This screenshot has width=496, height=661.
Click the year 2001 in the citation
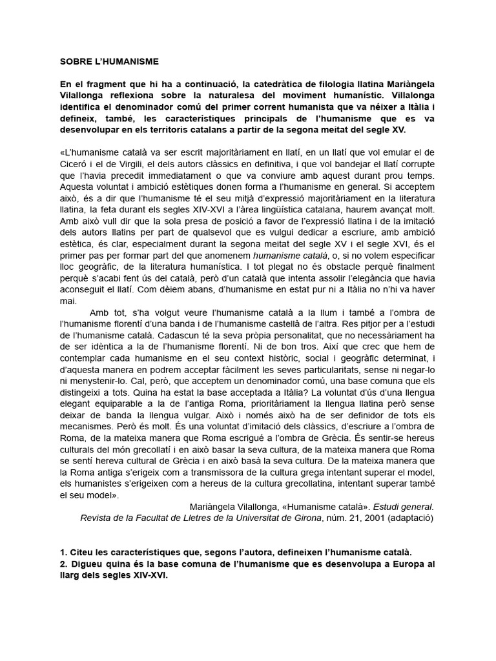pos(366,518)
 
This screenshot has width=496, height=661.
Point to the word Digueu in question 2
pos(85,564)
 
